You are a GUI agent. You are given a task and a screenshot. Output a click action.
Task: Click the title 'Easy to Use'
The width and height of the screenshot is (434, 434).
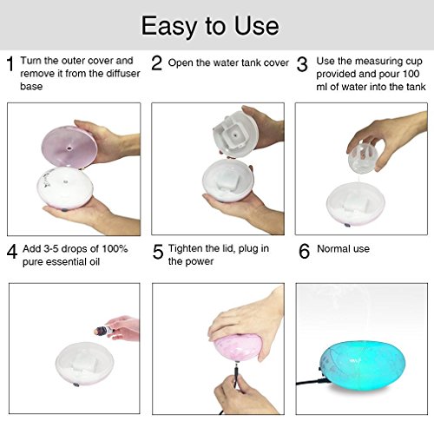click(210, 27)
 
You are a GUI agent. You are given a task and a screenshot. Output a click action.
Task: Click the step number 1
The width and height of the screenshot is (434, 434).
click(10, 63)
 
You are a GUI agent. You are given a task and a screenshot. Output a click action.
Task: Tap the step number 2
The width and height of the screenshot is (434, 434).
click(156, 63)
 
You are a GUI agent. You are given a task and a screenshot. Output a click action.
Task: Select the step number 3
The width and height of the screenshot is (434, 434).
click(302, 64)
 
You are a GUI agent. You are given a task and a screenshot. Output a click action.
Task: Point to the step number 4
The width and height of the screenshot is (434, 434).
click(12, 252)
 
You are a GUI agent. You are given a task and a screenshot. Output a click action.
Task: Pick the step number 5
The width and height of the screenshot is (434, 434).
click(158, 252)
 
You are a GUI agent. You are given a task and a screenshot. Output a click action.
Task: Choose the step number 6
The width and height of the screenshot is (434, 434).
click(304, 251)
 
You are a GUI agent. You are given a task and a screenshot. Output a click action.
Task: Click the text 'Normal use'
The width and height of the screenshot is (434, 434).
click(343, 249)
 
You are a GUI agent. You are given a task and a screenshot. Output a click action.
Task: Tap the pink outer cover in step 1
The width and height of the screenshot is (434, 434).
click(69, 147)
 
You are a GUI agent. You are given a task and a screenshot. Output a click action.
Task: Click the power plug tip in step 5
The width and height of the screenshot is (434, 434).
click(236, 368)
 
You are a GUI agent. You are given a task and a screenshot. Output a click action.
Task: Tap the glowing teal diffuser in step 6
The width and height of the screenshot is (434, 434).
click(363, 362)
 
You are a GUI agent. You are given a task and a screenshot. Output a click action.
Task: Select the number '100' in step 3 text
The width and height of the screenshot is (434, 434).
click(411, 74)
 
